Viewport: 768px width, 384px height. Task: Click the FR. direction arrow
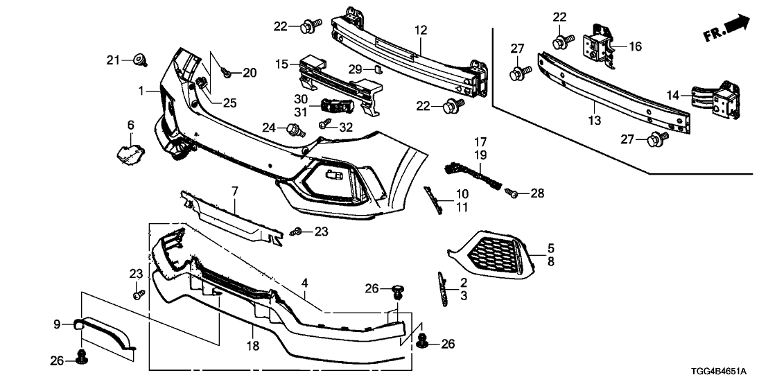tap(726, 28)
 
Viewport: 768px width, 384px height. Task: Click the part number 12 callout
tap(421, 30)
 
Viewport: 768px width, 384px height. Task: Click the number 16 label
tap(635, 46)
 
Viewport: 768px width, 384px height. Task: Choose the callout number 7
tap(234, 189)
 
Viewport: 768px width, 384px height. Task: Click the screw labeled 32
tap(324, 125)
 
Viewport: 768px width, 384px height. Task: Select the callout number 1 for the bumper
tap(141, 91)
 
